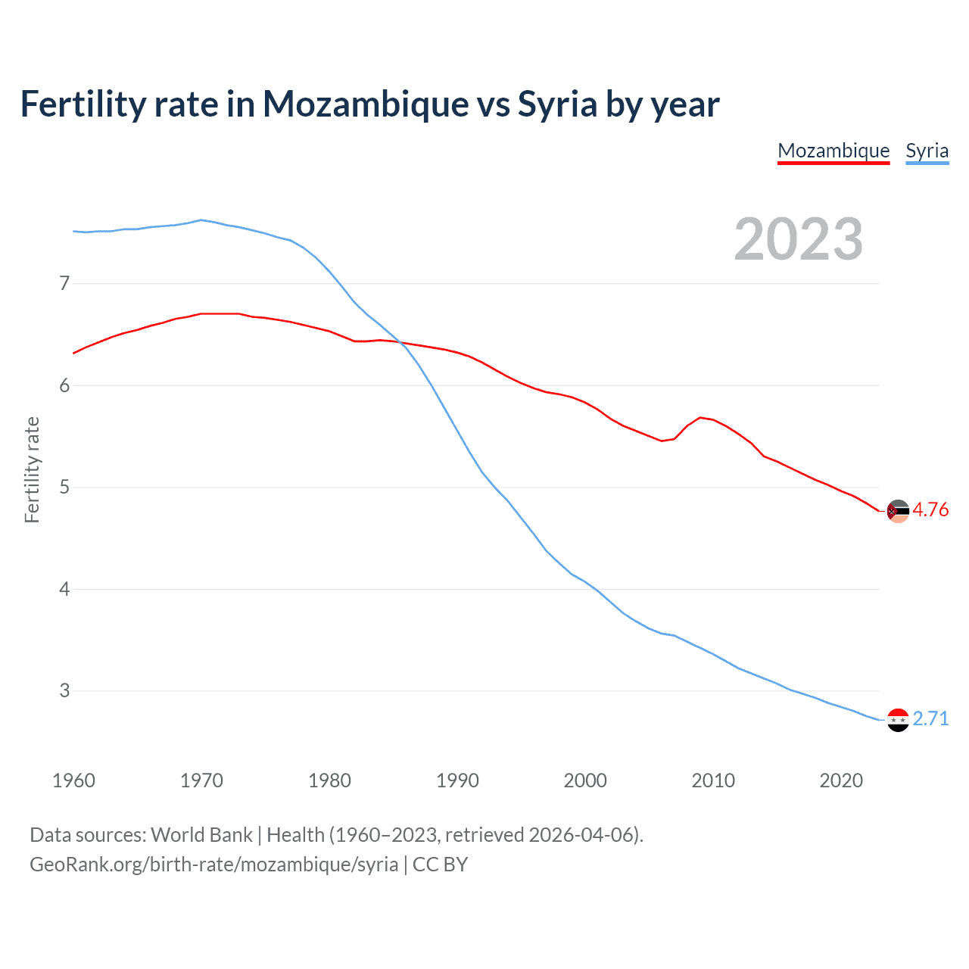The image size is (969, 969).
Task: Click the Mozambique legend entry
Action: [833, 151]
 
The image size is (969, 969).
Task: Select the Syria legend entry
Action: [927, 151]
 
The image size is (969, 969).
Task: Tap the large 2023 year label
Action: [799, 239]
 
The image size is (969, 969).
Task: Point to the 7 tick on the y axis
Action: [64, 284]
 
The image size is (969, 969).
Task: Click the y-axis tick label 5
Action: [64, 487]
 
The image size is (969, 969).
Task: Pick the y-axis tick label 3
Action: [64, 690]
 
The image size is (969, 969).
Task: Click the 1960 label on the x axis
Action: [73, 780]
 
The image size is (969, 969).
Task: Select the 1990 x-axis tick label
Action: [457, 780]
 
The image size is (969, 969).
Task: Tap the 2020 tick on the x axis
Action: [841, 780]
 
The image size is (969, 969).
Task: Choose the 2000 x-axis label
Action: [585, 780]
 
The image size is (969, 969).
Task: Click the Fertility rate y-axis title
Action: [32, 469]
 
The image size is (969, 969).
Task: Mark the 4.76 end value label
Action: [930, 510]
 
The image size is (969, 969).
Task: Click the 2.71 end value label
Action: [930, 718]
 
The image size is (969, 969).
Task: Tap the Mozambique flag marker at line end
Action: [897, 512]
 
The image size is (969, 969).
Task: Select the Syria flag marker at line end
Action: [897, 720]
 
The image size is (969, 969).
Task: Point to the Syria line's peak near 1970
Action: [200, 220]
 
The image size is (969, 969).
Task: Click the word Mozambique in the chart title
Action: [366, 104]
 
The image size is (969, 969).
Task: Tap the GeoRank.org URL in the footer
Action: [213, 865]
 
